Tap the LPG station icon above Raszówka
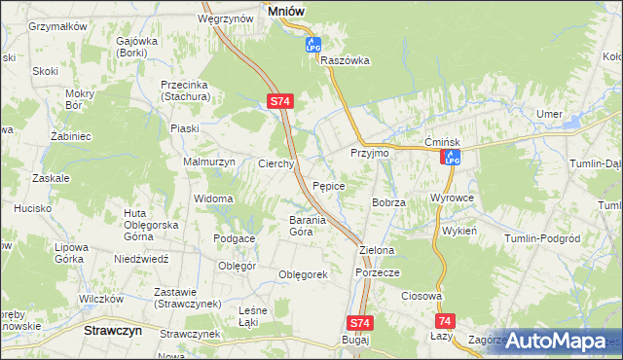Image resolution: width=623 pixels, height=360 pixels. click(x=313, y=45)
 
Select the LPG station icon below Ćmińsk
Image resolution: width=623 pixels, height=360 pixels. click(x=451, y=157)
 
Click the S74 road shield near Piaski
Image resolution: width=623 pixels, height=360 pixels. click(x=279, y=100)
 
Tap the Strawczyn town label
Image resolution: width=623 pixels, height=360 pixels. click(x=108, y=330)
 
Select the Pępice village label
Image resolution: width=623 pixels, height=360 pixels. click(x=330, y=184)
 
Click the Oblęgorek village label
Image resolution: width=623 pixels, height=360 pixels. click(x=303, y=274)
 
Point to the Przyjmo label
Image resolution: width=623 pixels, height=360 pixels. click(x=369, y=154)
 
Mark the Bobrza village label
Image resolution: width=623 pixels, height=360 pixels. click(x=387, y=201)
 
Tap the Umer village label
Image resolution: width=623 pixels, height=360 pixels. click(x=549, y=115)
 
